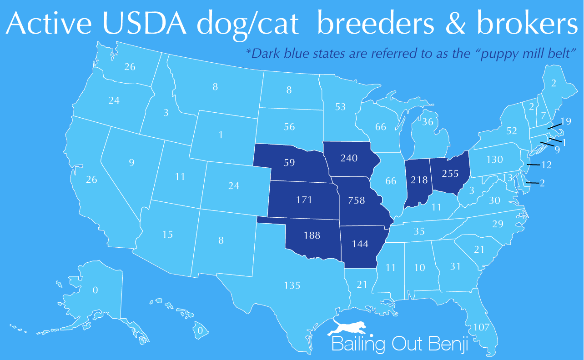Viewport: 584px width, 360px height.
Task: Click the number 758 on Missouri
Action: point(357,200)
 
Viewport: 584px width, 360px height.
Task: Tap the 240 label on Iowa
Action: point(349,159)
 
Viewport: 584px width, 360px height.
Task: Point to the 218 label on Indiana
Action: point(419,180)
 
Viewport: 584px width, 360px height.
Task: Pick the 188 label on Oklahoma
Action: point(312,235)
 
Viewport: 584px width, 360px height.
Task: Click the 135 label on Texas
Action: point(292,285)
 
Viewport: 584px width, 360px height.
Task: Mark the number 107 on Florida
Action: point(482,327)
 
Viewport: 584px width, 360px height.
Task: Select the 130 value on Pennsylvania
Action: point(494,160)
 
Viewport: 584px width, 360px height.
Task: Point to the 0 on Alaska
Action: point(95,290)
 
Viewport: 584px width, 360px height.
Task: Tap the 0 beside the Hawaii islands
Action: point(200,330)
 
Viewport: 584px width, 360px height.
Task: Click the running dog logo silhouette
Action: point(350,327)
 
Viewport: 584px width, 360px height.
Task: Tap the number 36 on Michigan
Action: point(428,122)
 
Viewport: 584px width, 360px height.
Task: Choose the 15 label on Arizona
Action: point(167,235)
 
